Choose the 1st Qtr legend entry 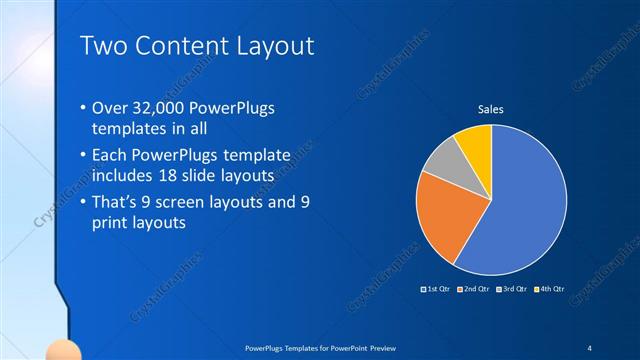point(437,290)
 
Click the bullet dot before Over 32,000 point(81,108)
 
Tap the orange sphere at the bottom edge point(64,352)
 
